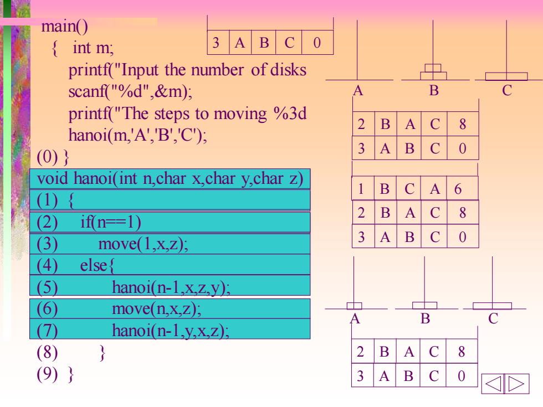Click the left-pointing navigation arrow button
[x=493, y=384]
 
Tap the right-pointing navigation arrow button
[x=517, y=384]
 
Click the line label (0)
[x=47, y=157]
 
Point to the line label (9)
[x=47, y=374]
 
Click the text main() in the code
[x=64, y=27]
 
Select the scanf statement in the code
[x=130, y=91]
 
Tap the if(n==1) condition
[x=110, y=222]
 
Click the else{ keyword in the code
[x=97, y=265]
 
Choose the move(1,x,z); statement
[x=143, y=244]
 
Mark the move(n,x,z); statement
[x=156, y=308]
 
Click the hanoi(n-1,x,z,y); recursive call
[x=171, y=287]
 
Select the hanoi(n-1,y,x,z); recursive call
[x=171, y=331]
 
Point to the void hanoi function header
[x=170, y=178]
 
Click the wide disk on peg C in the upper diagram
[x=506, y=76]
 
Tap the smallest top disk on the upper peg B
[x=433, y=68]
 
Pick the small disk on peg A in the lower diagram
[x=354, y=306]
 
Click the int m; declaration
[x=93, y=48]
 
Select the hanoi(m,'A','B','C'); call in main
[x=137, y=135]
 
